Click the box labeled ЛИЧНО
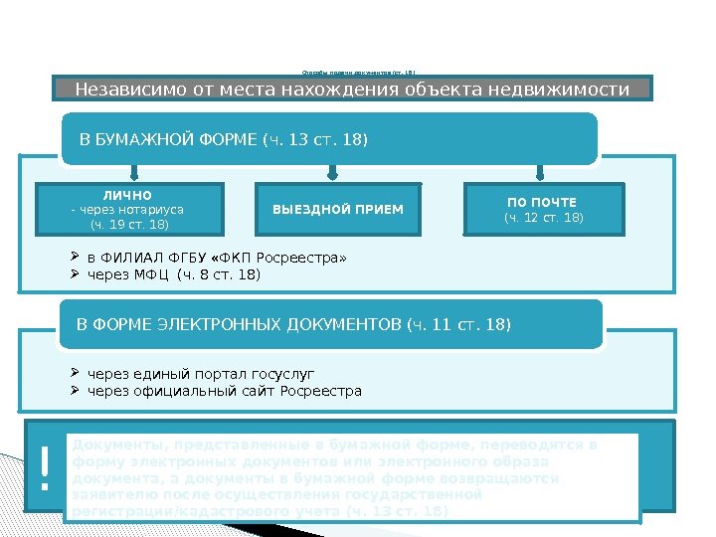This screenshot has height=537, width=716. tap(130, 209)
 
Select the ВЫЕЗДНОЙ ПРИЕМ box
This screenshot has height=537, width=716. tap(338, 209)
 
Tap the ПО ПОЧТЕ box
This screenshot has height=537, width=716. tap(544, 209)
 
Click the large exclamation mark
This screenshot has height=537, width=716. tap(44, 469)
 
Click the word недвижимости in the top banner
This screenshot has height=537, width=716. tap(566, 90)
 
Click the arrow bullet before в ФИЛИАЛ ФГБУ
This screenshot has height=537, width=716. tap(78, 259)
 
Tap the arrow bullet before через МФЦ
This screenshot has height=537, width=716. tap(78, 274)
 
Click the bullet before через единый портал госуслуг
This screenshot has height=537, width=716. tap(78, 374)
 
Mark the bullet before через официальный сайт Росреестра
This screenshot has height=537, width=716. tap(78, 391)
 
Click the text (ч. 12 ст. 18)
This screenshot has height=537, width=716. tap(544, 218)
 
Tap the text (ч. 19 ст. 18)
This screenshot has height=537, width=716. tap(129, 225)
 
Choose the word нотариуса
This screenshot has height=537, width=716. tap(153, 210)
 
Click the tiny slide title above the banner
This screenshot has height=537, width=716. tap(358, 72)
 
